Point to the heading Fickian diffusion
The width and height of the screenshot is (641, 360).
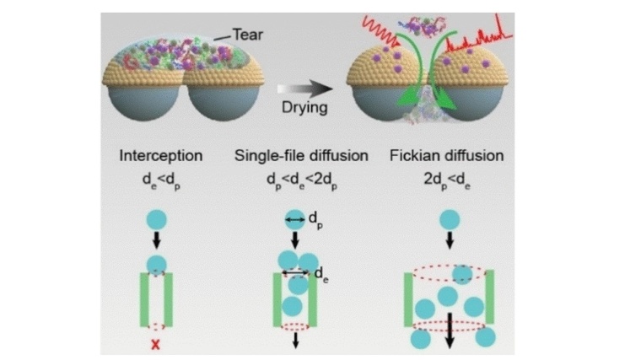click(x=446, y=156)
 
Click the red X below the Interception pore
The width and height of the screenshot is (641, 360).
click(x=156, y=341)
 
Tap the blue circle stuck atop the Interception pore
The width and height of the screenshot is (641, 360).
click(x=156, y=265)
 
